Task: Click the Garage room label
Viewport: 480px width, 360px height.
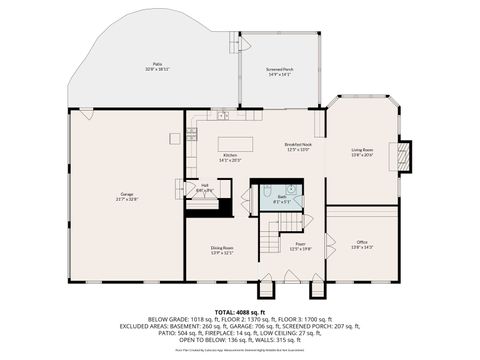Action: pyautogui.click(x=126, y=193)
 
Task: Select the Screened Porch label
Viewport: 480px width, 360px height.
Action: pyautogui.click(x=280, y=68)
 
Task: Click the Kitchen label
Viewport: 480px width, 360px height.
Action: pyautogui.click(x=230, y=155)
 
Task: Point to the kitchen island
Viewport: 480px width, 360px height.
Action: pyautogui.click(x=235, y=142)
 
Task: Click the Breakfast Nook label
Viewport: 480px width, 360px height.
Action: pyautogui.click(x=299, y=144)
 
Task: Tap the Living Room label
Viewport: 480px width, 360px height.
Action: pyautogui.click(x=362, y=150)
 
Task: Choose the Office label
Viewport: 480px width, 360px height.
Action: pyautogui.click(x=362, y=242)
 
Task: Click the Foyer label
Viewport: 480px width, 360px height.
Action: pyautogui.click(x=300, y=244)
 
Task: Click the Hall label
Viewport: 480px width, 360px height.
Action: pyautogui.click(x=205, y=185)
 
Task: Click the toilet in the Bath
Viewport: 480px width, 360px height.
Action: pyautogui.click(x=291, y=189)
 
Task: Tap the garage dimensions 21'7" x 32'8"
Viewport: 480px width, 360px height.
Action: pyautogui.click(x=126, y=199)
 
